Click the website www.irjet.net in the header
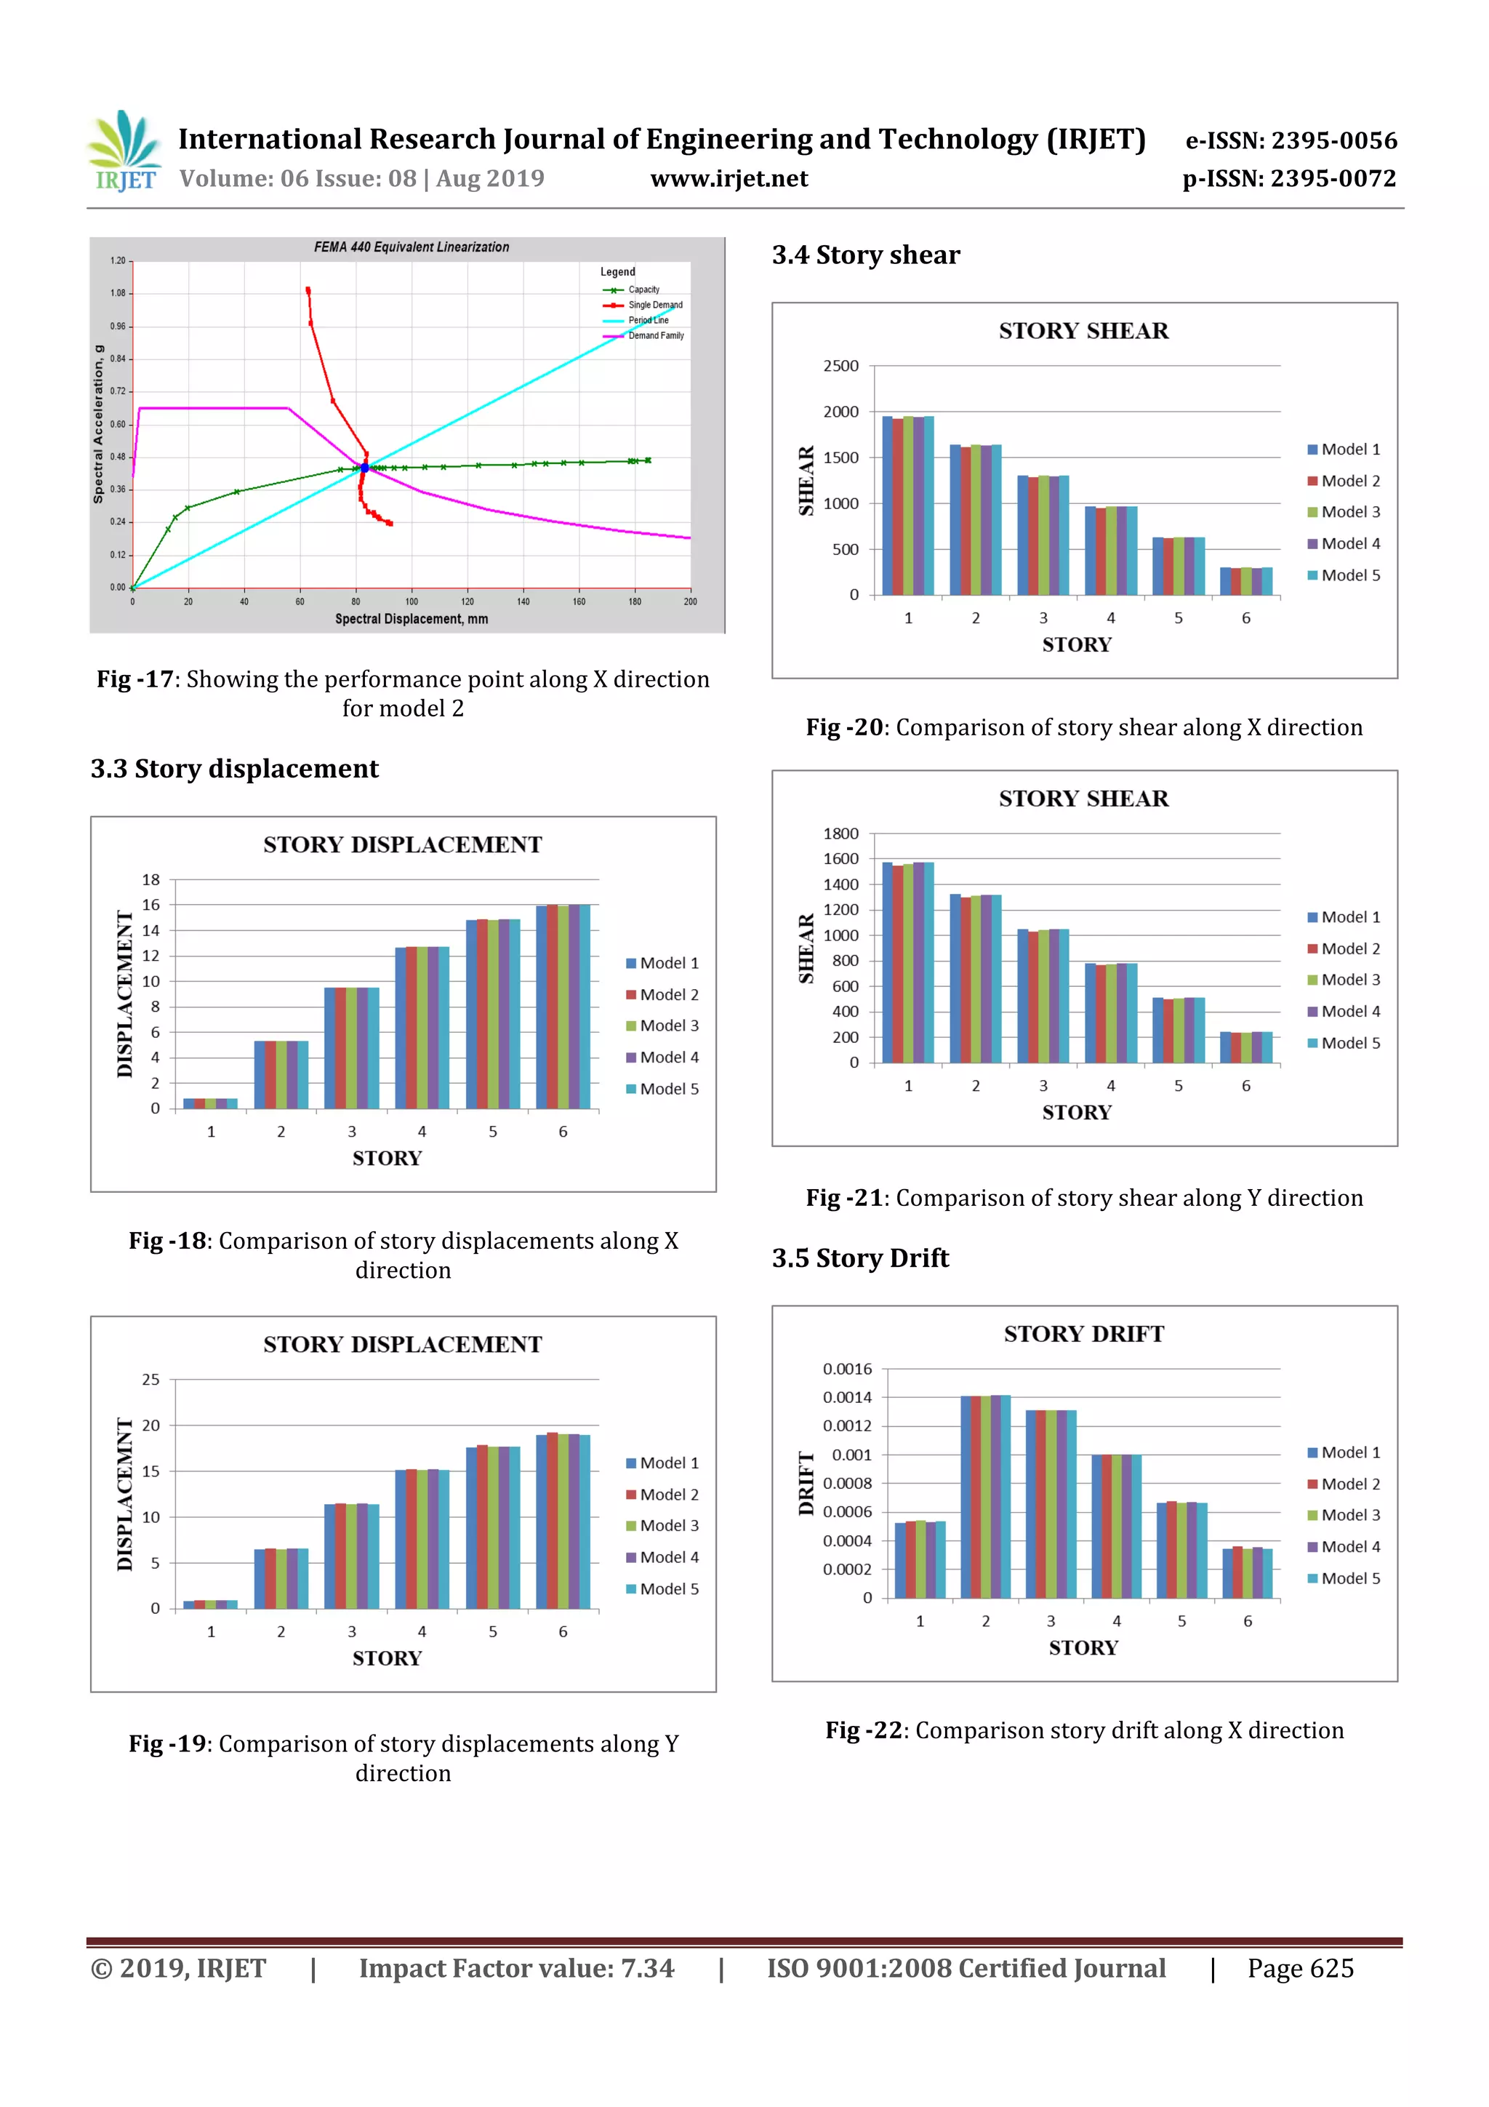(729, 179)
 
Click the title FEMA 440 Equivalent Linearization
(411, 247)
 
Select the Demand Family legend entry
(655, 336)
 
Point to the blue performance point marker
(364, 468)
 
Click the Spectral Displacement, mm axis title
(411, 620)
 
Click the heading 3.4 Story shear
(865, 255)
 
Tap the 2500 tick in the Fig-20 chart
(840, 366)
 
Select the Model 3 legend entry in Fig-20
(1349, 512)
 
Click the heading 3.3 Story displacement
(234, 769)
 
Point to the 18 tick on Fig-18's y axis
(150, 880)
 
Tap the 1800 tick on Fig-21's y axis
(840, 834)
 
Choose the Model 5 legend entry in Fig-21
(1349, 1044)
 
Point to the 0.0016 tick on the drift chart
(847, 1370)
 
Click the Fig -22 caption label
(863, 1731)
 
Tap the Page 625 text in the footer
(1300, 1968)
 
